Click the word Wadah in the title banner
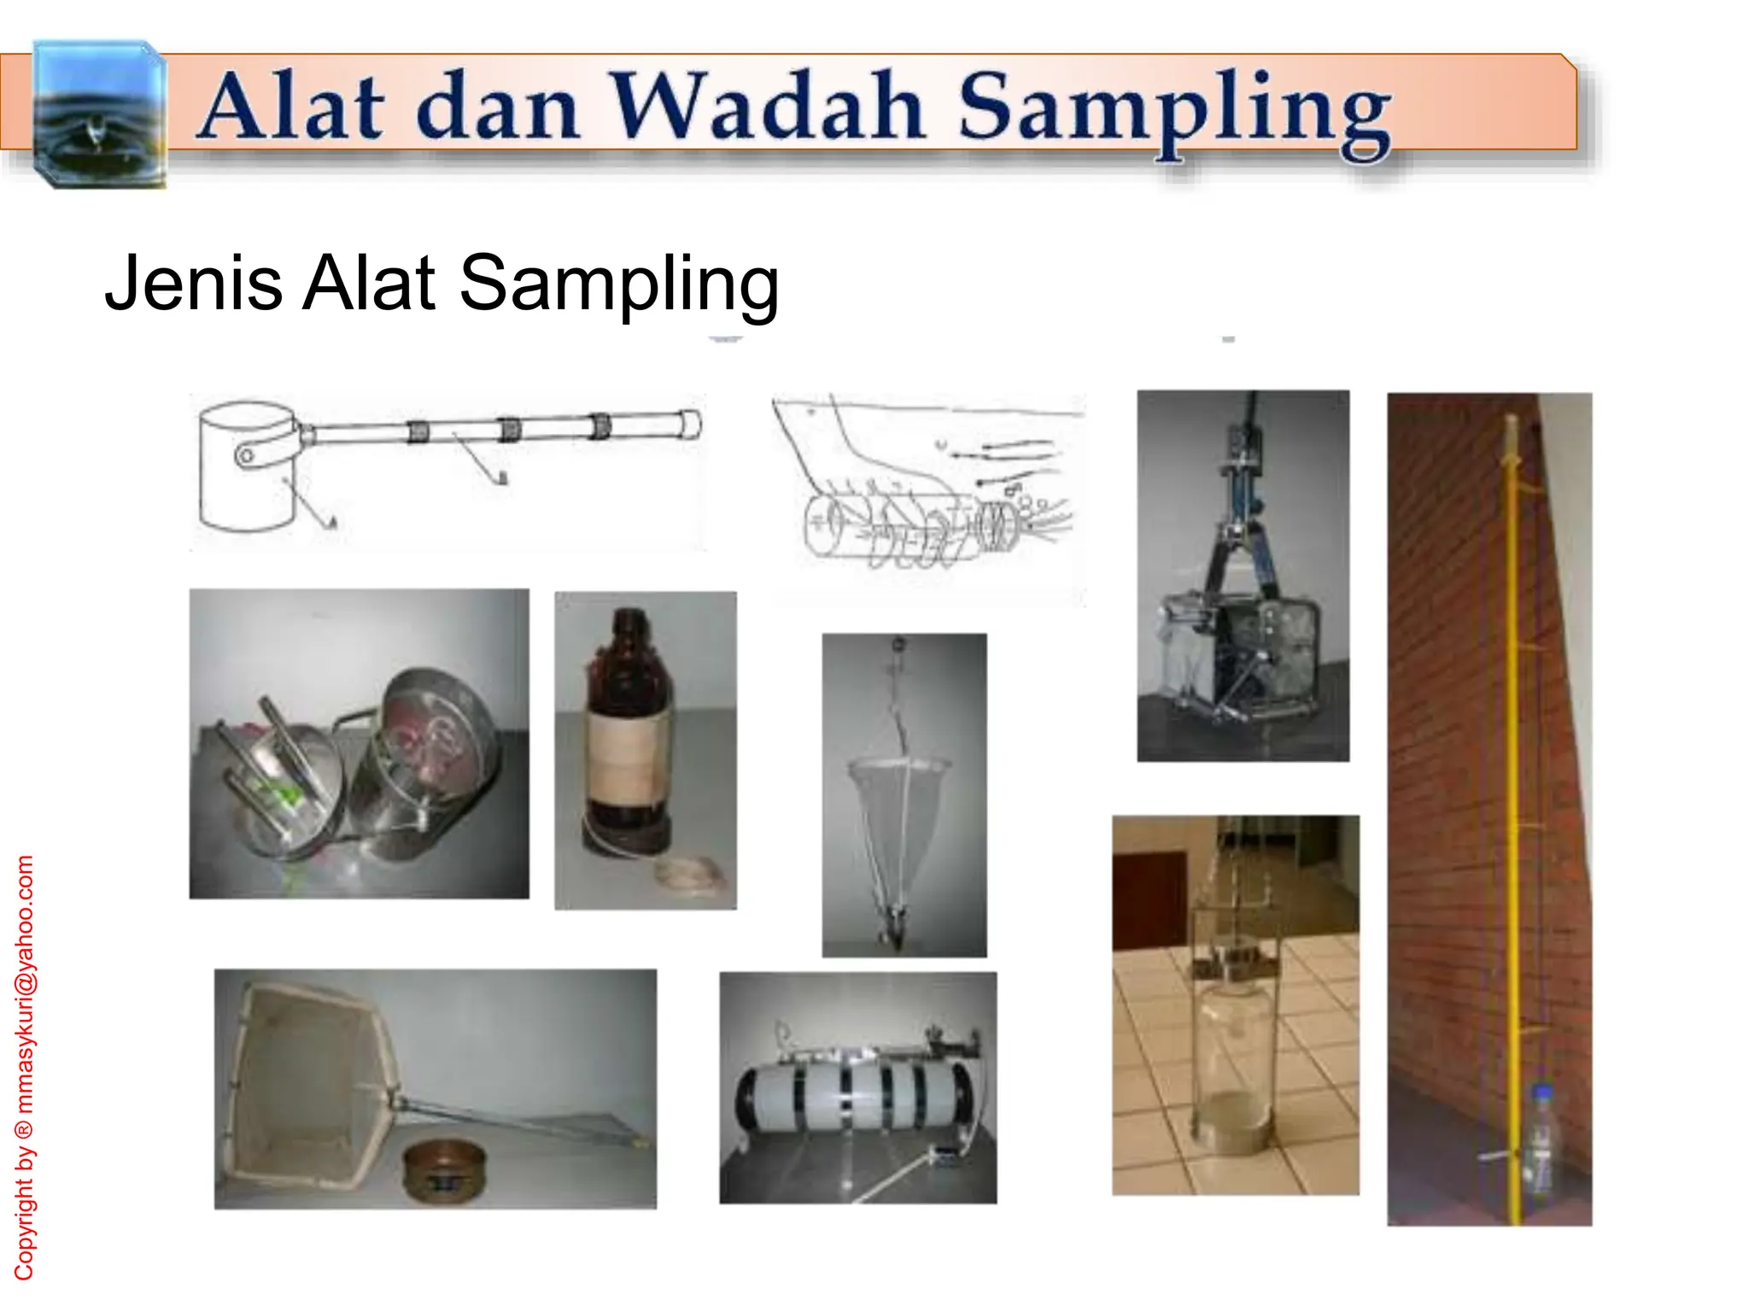pos(769,108)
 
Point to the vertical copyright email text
pos(25,1068)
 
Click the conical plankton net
pos(897,811)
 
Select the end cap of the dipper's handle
pos(690,424)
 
